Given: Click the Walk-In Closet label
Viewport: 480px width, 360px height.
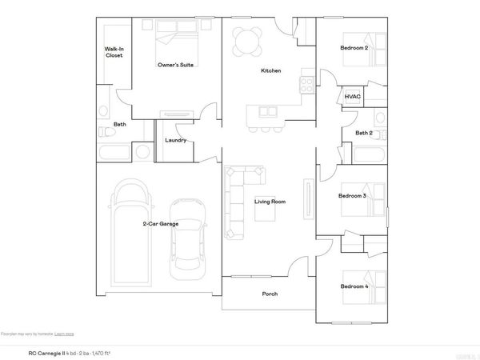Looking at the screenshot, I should pos(114,52).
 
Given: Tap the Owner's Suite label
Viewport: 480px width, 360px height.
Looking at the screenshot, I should pos(177,65).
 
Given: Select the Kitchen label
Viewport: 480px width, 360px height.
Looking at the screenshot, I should pos(270,71).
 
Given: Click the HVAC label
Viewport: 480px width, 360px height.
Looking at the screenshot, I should pos(352,97).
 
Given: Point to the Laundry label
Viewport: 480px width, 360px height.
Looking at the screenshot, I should pos(175,141).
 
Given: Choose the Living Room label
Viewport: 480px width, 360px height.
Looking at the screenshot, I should pos(270,202).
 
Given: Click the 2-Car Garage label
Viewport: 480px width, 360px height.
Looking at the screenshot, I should pos(161,224).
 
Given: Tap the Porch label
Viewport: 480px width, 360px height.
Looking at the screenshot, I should pos(270,294).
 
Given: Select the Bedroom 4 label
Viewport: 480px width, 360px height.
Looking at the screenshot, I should pos(354,286).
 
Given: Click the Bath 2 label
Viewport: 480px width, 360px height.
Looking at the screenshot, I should pos(364,133).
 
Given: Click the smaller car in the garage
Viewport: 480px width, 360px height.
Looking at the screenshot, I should pos(188,235).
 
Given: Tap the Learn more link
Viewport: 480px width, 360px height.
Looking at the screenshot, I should pos(66,333).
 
